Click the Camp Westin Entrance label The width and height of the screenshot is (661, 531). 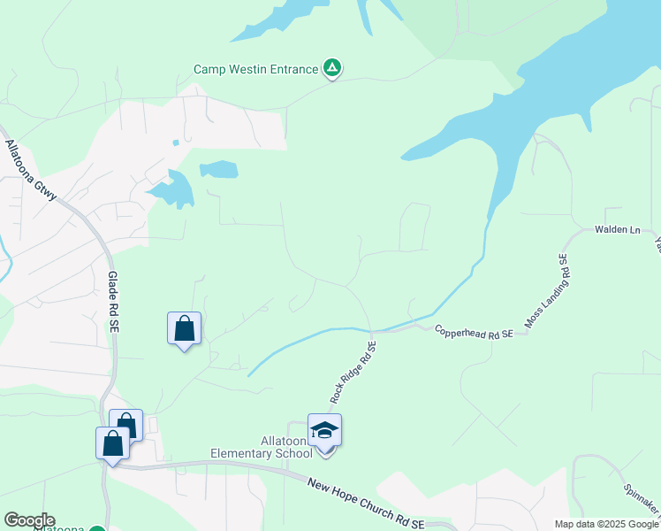coord(256,69)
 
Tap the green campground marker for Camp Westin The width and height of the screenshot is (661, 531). coord(332,67)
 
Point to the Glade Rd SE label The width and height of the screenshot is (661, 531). coord(112,302)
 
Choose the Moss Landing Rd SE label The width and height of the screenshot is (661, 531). coord(544,292)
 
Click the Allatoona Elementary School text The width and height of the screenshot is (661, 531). coord(261,448)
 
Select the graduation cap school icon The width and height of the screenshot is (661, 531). coord(324,431)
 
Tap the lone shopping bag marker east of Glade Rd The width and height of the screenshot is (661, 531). coord(184,329)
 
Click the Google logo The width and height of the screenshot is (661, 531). coord(28,520)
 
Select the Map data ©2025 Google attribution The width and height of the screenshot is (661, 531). coord(606,524)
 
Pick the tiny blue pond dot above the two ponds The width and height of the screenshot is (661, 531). coord(176,142)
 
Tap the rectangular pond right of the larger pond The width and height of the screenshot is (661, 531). coord(218,169)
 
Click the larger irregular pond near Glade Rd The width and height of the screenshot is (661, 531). coord(175,189)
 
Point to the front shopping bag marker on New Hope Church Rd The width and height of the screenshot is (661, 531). coord(112,443)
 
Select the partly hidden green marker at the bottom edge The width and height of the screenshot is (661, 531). coord(97,528)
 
